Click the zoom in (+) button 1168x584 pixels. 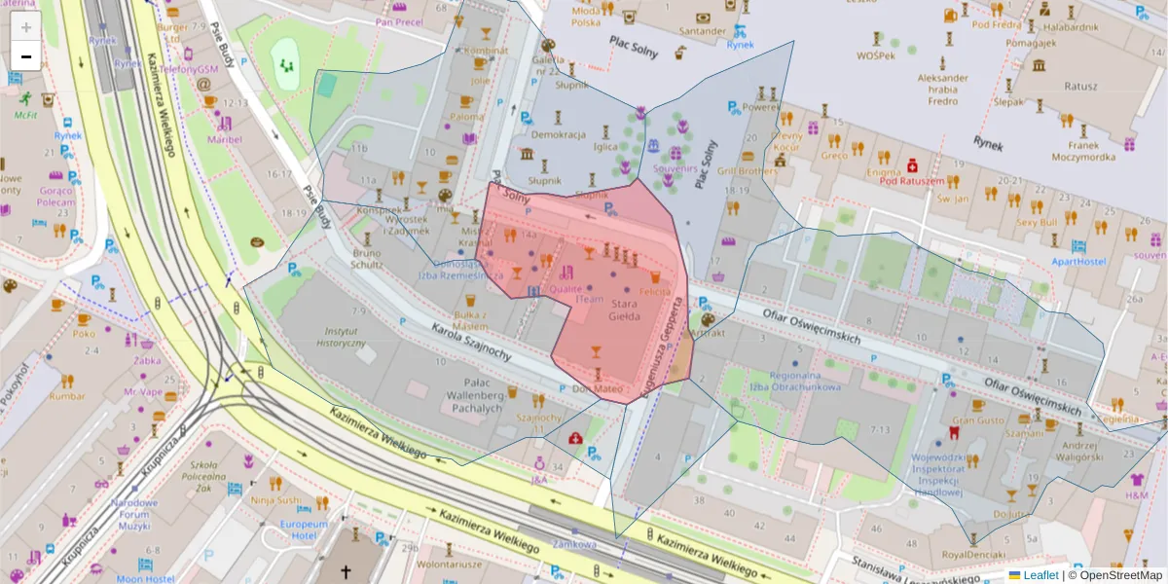pyautogui.click(x=26, y=27)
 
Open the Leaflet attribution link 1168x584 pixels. pyautogui.click(x=1038, y=575)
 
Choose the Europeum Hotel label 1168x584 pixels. pyautogui.click(x=303, y=529)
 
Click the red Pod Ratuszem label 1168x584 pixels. pyautogui.click(x=912, y=181)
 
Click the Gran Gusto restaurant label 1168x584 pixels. pyautogui.click(x=978, y=420)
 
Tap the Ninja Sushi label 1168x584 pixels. pyautogui.click(x=275, y=500)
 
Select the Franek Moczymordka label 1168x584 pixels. pyautogui.click(x=1083, y=149)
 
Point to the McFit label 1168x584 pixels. pyautogui.click(x=26, y=114)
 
